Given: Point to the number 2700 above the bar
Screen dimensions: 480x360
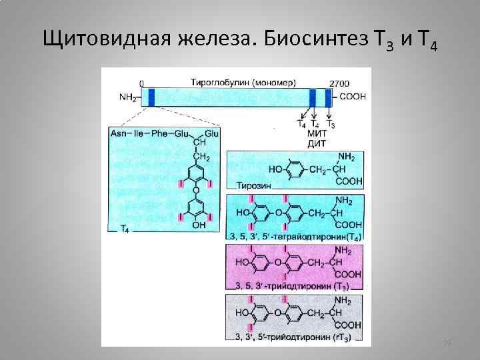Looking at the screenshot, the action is [x=339, y=83].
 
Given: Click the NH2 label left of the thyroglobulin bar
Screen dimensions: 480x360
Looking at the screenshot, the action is [x=127, y=98].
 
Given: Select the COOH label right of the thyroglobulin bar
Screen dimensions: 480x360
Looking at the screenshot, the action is [x=352, y=97].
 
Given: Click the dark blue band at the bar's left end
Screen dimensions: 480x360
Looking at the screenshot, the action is [x=151, y=97].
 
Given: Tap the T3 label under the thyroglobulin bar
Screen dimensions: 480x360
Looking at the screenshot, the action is [x=330, y=125].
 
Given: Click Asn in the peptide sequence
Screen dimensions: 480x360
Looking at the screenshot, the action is [x=118, y=134].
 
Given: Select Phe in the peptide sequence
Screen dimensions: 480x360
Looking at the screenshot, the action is [x=159, y=134].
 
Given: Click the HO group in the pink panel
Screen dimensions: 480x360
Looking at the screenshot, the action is [x=242, y=262].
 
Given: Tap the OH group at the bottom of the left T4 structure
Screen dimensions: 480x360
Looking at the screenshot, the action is [x=198, y=226].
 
